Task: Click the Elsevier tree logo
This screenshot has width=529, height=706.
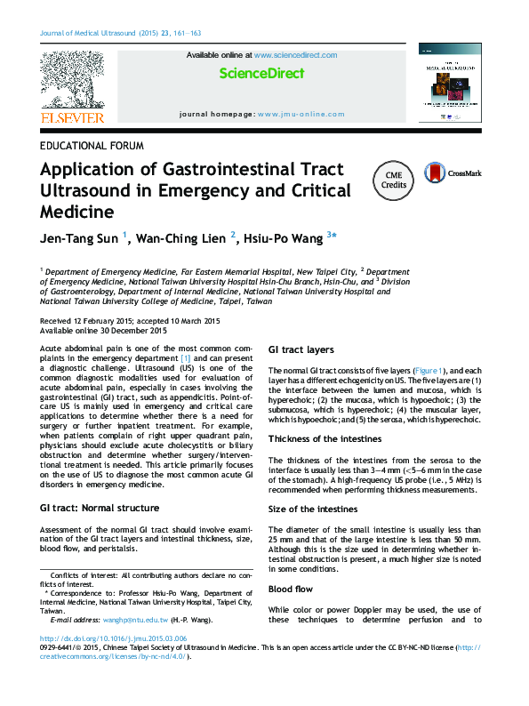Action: (72, 80)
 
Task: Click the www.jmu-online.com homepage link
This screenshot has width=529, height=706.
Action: (300, 115)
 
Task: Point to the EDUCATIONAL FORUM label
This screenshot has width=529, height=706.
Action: (92, 145)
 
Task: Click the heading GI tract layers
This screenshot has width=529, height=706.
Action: (301, 350)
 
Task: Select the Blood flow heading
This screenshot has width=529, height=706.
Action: (292, 590)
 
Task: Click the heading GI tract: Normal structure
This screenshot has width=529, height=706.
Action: (100, 509)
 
